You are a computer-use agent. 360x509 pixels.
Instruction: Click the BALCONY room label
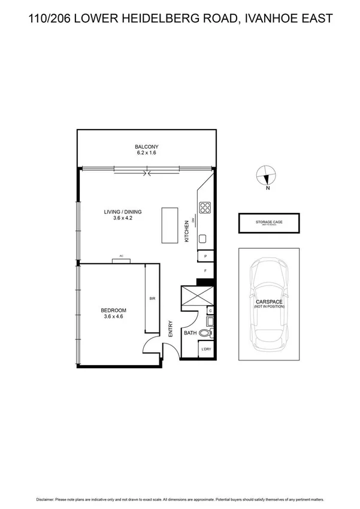[x=146, y=146]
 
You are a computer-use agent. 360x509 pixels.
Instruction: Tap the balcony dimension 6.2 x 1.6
[x=146, y=153]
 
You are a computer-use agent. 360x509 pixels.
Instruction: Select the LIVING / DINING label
[x=122, y=212]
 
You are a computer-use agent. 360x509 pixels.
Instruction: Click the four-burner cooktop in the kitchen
[x=205, y=207]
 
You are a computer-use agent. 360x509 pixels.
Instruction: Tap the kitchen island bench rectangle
[x=170, y=225]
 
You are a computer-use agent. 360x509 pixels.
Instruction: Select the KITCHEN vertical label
[x=187, y=231]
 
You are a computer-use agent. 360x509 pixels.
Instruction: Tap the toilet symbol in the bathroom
[x=205, y=333]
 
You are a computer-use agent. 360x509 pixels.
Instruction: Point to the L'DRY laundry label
[x=207, y=349]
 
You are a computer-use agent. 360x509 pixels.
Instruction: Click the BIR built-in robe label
[x=152, y=298]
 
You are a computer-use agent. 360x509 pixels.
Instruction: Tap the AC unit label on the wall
[x=121, y=256]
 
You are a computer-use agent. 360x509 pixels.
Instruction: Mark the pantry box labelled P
[x=205, y=256]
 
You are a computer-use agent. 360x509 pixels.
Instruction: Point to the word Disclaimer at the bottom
[x=47, y=499]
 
